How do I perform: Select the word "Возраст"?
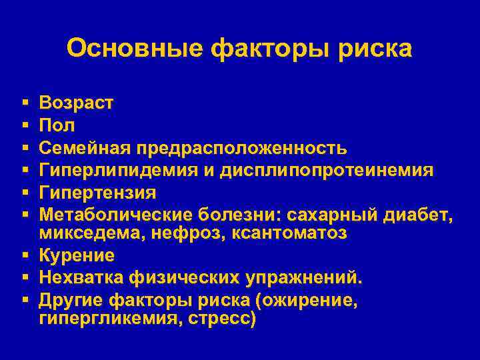click(x=77, y=103)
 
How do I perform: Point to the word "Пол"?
click(x=57, y=125)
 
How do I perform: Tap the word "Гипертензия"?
click(x=98, y=192)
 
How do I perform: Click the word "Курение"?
click(x=77, y=255)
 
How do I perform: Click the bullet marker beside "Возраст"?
click(x=24, y=104)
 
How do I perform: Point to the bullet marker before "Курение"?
click(x=24, y=256)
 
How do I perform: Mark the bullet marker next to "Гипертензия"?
click(x=24, y=193)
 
